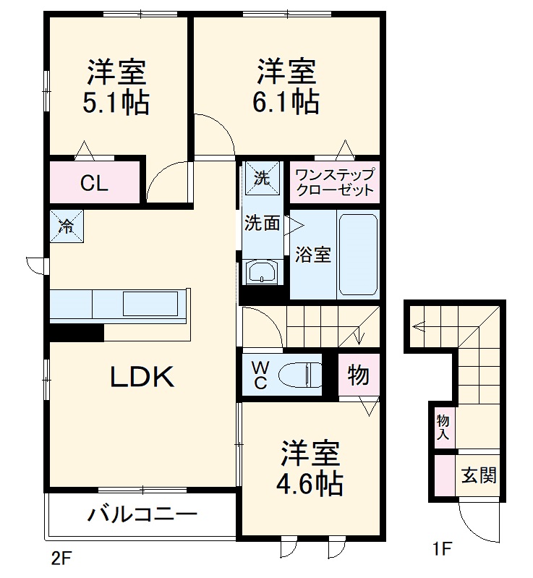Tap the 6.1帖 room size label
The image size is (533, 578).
[x=286, y=103]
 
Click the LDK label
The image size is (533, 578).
[x=142, y=377]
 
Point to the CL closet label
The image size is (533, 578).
[x=94, y=184]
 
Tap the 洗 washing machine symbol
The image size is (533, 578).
[x=261, y=177]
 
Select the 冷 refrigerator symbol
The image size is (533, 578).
[x=66, y=226]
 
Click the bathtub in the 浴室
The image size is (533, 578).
[x=358, y=254]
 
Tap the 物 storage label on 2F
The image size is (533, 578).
[x=358, y=375]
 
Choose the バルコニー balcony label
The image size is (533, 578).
[x=142, y=515]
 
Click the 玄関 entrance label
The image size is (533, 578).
[x=479, y=476]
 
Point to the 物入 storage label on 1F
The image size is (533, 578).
[x=443, y=427]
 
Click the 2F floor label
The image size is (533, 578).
[x=61, y=558]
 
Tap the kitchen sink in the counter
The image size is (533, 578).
[x=150, y=304]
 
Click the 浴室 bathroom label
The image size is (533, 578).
[x=313, y=255]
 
